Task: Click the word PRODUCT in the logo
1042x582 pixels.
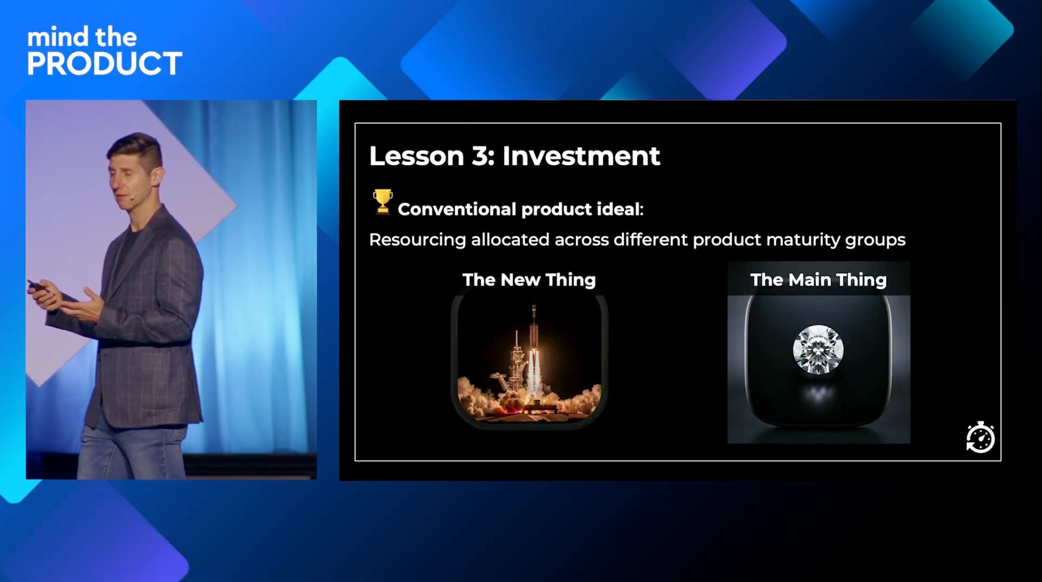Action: [104, 64]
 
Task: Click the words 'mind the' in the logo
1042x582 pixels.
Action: [82, 37]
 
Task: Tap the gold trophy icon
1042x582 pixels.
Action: [382, 202]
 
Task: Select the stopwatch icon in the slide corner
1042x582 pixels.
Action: [980, 437]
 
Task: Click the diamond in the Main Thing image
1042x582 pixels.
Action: [818, 349]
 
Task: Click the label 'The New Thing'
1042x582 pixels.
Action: [529, 280]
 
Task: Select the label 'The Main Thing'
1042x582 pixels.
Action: [818, 280]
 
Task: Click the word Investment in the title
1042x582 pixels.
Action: [581, 156]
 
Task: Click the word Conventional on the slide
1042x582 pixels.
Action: [457, 209]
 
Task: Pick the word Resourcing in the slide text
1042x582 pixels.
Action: [417, 240]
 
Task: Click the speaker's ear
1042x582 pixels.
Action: [156, 176]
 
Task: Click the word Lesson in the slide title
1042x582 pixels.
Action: [416, 156]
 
